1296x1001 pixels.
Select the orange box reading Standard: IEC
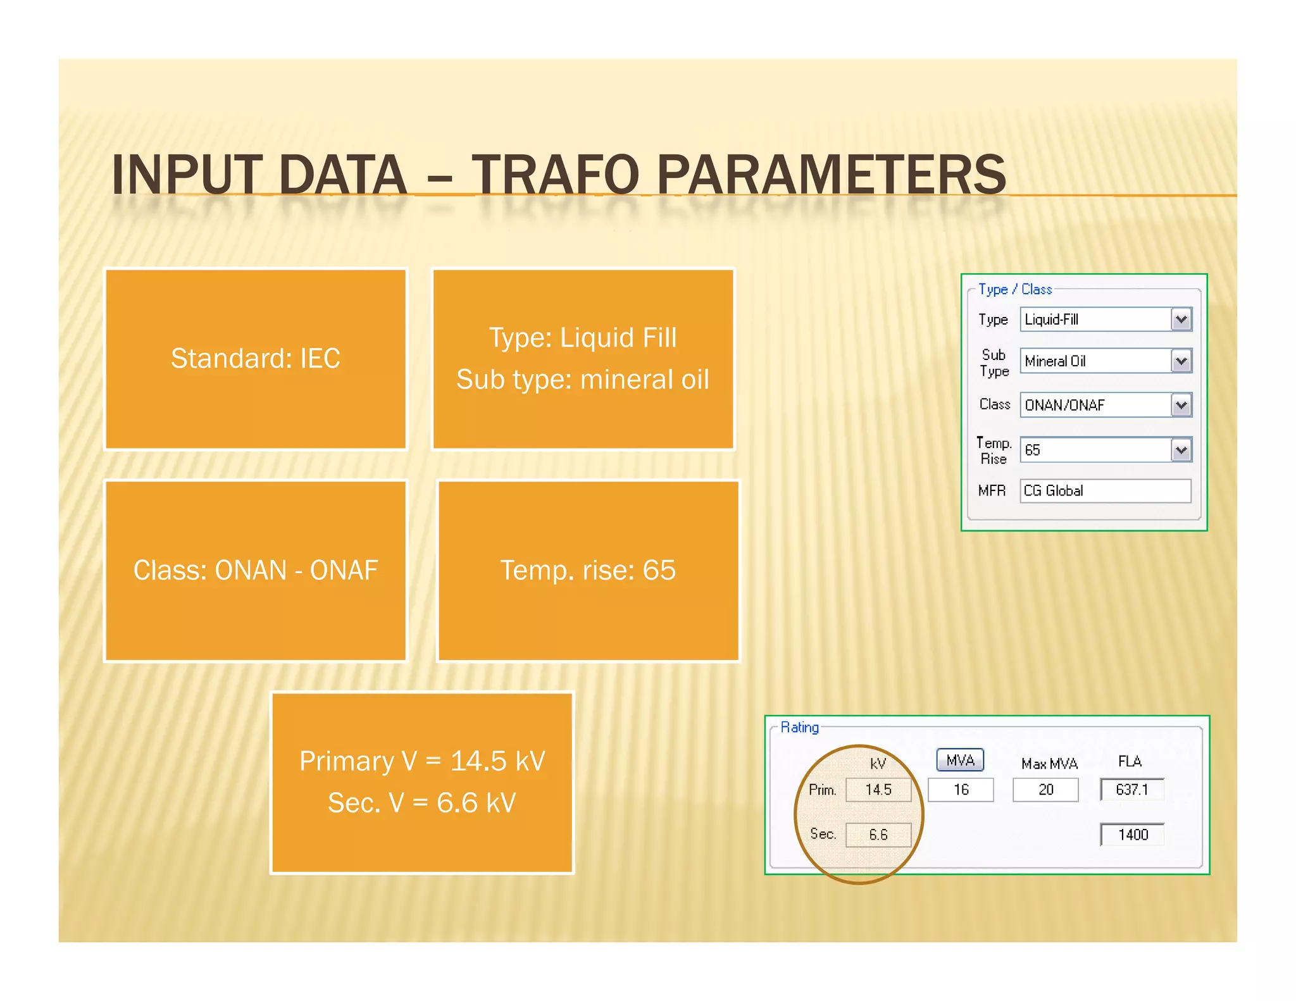tap(256, 359)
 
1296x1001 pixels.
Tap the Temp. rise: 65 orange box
tap(588, 570)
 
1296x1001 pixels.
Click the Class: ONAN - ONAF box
tap(256, 570)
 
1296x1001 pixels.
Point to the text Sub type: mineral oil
tap(582, 380)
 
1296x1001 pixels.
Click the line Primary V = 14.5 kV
tap(422, 761)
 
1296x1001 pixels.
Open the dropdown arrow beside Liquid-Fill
tap(1181, 320)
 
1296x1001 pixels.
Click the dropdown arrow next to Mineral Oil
tap(1181, 361)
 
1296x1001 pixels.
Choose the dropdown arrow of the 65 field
tap(1181, 450)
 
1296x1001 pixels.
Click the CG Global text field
tap(1105, 491)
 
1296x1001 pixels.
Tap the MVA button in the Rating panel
tap(960, 760)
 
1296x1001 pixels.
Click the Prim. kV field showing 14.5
tap(878, 790)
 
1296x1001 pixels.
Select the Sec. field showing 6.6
tap(878, 835)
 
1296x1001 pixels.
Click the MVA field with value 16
tap(961, 790)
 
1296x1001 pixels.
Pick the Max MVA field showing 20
tap(1045, 790)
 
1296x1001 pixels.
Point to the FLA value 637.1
tap(1132, 790)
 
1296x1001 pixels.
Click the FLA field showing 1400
tap(1132, 835)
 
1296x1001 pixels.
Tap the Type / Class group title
tap(1015, 289)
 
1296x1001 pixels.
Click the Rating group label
tap(799, 727)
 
